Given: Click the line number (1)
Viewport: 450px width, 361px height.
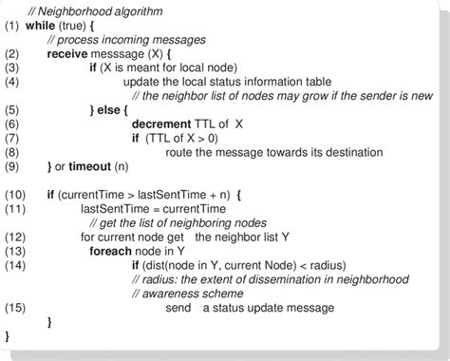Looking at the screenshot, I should pos(14,26).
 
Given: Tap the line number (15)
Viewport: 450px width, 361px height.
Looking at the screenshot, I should pos(17,308).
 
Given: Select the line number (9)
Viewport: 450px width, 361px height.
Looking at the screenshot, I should pos(14,167).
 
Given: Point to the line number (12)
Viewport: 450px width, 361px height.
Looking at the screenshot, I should pos(17,237).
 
